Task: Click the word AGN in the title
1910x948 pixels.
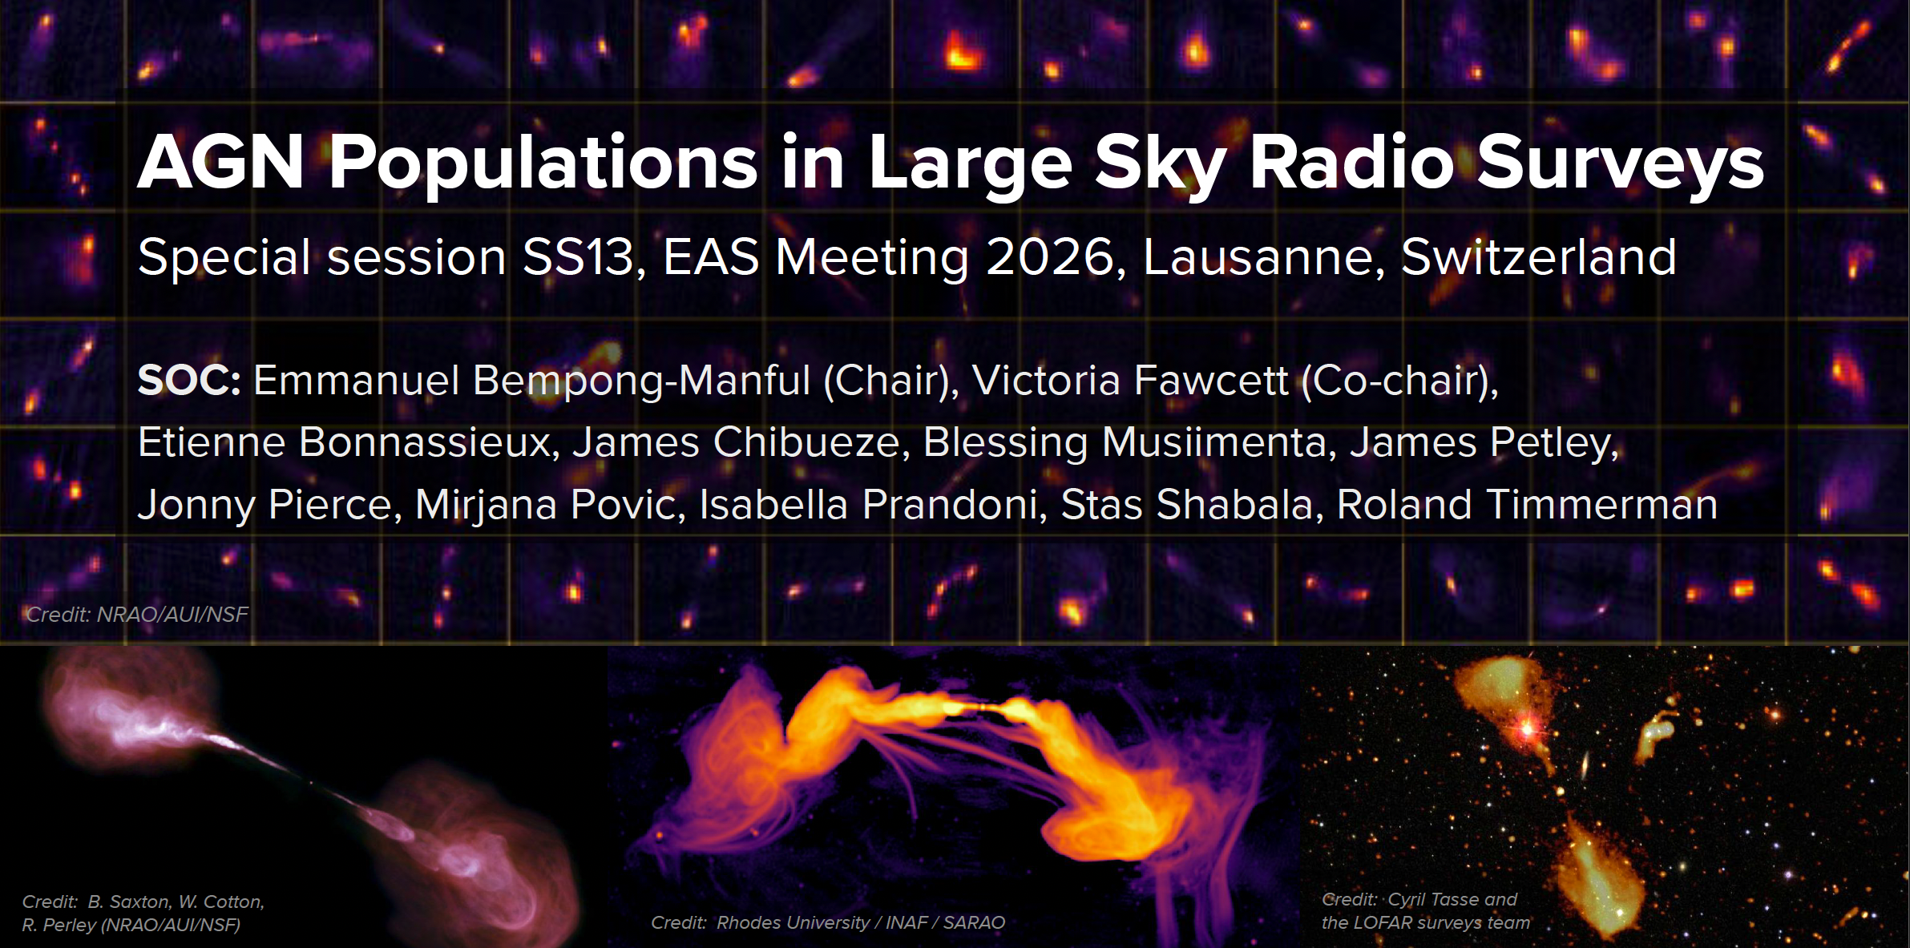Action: click(220, 162)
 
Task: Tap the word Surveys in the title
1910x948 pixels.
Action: click(1620, 166)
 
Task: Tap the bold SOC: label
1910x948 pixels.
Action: click(189, 380)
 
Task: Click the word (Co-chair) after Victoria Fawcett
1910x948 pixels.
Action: click(1399, 381)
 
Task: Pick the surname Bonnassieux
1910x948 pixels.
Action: click(429, 442)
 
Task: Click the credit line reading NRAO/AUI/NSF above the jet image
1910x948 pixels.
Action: click(172, 615)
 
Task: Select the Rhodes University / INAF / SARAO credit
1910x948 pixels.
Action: click(860, 922)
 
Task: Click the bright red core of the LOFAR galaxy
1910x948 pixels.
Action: click(1528, 728)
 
